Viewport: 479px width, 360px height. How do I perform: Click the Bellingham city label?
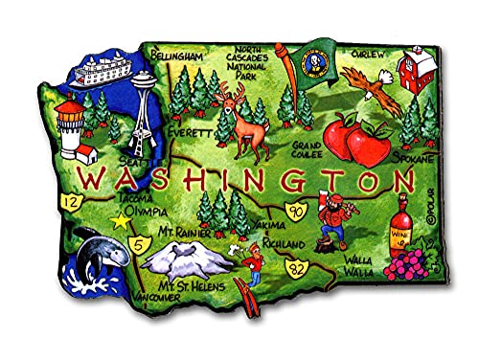point(179,57)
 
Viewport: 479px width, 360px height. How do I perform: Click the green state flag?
point(311,62)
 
